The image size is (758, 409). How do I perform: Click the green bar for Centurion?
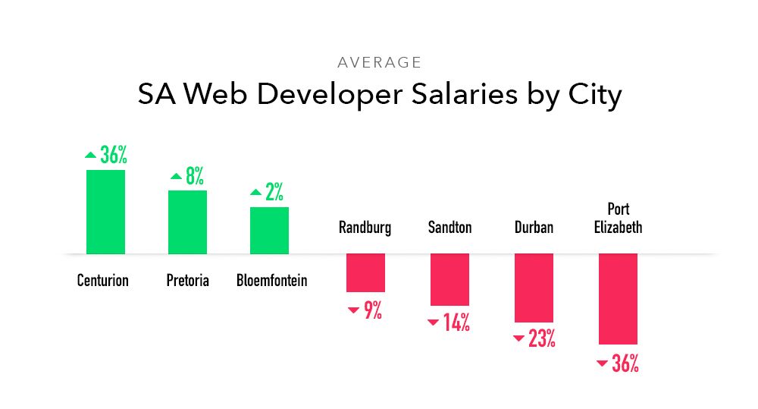105,212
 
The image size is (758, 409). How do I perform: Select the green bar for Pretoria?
187,222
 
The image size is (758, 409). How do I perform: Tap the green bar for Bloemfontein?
269,230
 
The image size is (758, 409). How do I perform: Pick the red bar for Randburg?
365,272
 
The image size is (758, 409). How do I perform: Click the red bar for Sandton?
449,279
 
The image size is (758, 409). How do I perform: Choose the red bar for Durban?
534,288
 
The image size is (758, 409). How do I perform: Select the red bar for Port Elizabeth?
618,299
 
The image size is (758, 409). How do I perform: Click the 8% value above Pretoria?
195,177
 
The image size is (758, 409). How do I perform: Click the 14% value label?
456,322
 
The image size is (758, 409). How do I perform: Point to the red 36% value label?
625,363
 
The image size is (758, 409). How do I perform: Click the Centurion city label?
103,281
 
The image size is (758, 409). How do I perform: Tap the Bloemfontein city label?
272,281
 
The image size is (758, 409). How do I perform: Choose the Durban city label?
534,227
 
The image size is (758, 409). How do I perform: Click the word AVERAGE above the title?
379,63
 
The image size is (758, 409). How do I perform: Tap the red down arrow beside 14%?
433,322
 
